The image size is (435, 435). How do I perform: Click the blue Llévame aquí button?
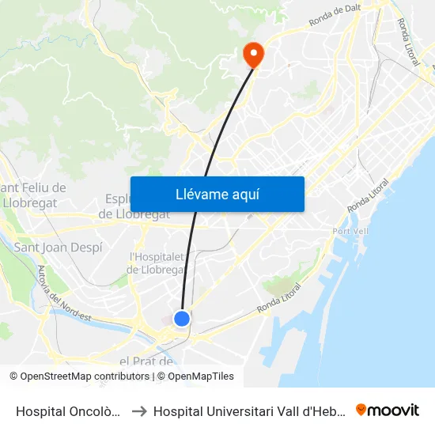coord(217,194)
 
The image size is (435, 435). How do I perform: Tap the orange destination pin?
coord(253,55)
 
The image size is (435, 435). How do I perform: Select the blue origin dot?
coord(182,319)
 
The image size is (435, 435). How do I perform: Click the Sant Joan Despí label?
coord(58,248)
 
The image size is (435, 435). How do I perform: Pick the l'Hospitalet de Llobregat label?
coord(157,263)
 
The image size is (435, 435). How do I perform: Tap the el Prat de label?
coord(146,361)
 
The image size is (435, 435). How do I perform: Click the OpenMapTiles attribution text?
coord(201,376)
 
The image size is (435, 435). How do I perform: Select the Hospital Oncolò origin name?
coord(69,410)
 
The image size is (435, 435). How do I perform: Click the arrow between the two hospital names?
coord(138,410)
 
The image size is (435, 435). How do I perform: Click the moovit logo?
coord(388,410)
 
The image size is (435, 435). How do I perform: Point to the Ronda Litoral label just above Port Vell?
coord(369,195)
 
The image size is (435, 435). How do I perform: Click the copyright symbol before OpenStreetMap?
coord(14,376)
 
